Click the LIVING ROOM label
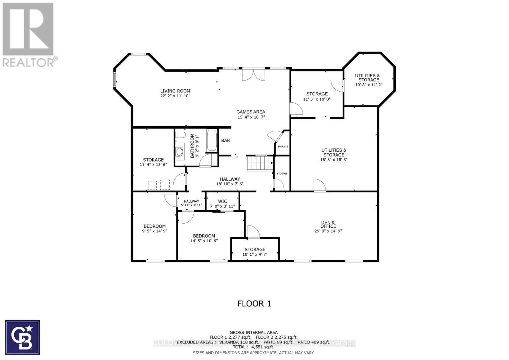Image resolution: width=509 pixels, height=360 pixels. click(175, 91)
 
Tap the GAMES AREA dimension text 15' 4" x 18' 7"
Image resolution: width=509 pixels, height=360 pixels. click(251, 117)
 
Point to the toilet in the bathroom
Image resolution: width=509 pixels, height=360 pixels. click(180, 135)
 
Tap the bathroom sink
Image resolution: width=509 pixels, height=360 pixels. click(180, 152)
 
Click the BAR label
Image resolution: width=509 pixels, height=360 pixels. click(226, 140)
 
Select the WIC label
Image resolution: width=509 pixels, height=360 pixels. click(222, 201)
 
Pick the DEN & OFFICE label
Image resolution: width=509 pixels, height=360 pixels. click(328, 224)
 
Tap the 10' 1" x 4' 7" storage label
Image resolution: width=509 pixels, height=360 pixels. click(255, 254)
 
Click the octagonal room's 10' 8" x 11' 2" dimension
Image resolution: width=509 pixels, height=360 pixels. click(368, 85)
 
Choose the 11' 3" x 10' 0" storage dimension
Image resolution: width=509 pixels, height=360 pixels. click(317, 99)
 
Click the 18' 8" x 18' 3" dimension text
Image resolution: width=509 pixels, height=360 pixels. click(334, 160)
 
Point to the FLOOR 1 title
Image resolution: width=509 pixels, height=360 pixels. click(254, 303)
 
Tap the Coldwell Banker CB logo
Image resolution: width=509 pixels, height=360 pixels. click(23, 337)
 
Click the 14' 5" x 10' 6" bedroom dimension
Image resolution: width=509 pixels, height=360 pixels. click(204, 241)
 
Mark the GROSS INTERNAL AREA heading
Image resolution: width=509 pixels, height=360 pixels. click(254, 332)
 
